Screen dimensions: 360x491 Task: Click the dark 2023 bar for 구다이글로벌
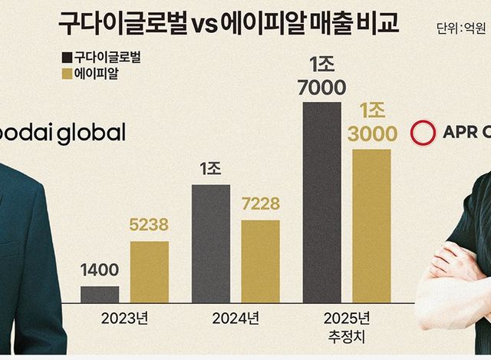tap(100, 294)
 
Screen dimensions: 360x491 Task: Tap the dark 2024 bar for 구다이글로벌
tap(210, 243)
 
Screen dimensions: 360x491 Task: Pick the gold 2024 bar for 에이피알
tap(260, 261)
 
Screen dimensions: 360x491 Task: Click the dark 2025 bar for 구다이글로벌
tap(321, 201)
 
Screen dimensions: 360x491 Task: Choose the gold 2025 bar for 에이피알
tap(371, 226)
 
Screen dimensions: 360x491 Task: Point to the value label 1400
tap(100, 271)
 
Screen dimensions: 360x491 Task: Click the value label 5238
tap(149, 226)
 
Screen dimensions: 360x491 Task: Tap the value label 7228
tap(260, 205)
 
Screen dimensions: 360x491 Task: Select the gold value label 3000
tap(372, 134)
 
